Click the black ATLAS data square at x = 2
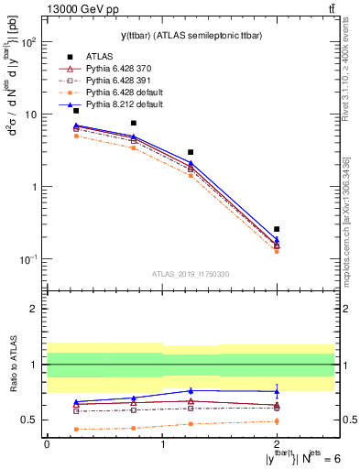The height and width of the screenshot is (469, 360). point(277,229)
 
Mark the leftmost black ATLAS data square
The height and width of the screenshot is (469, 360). point(76,111)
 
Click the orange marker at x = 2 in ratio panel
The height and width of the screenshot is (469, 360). point(277,421)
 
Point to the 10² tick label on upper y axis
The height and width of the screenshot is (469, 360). point(29,42)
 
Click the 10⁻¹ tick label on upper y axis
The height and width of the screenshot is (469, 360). point(29,259)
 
